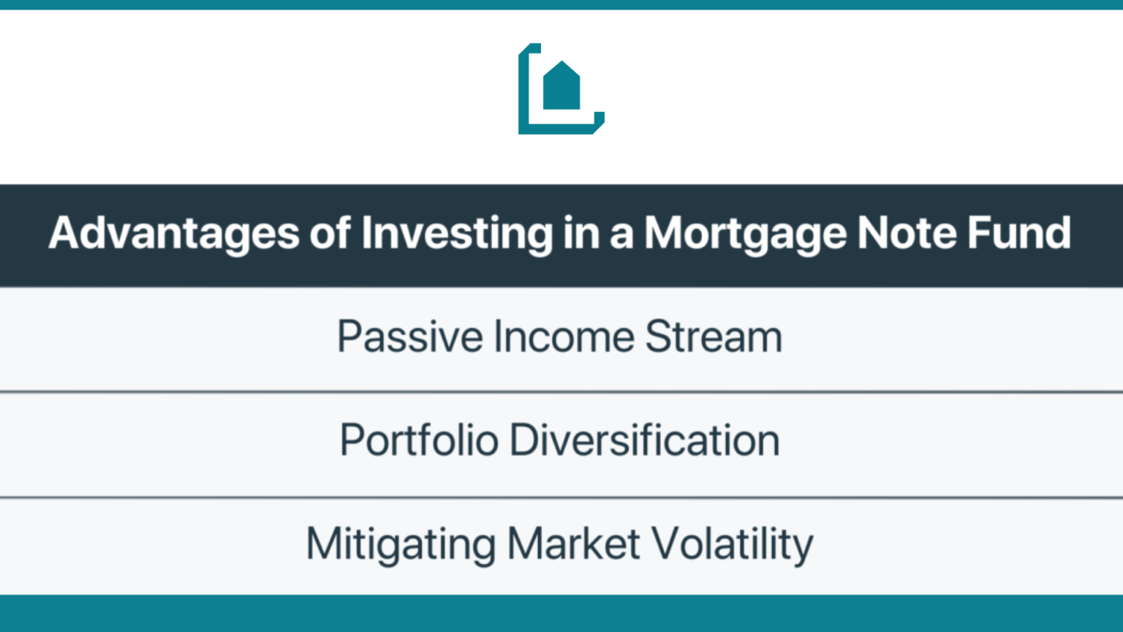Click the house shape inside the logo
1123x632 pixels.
[561, 88]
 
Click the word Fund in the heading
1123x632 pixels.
[1019, 233]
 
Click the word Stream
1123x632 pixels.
[714, 337]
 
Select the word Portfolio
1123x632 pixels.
[419, 441]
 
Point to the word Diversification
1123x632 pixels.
[645, 441]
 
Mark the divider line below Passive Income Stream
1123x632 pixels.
[561, 392]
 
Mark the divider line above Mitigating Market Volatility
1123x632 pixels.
[561, 498]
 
